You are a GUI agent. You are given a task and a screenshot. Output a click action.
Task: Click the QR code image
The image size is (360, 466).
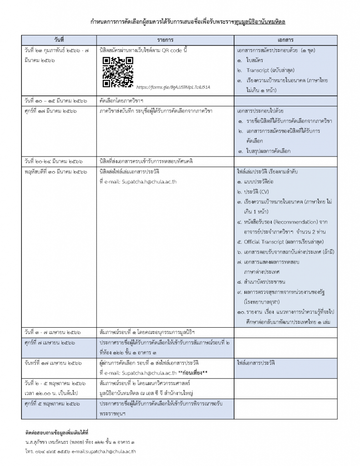click(118, 72)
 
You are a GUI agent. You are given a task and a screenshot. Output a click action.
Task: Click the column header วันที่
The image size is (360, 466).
click(59, 39)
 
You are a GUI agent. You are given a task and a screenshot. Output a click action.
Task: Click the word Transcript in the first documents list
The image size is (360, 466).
click(258, 70)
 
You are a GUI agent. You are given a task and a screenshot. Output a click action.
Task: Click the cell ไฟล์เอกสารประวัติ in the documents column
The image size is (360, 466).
click(256, 363)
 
